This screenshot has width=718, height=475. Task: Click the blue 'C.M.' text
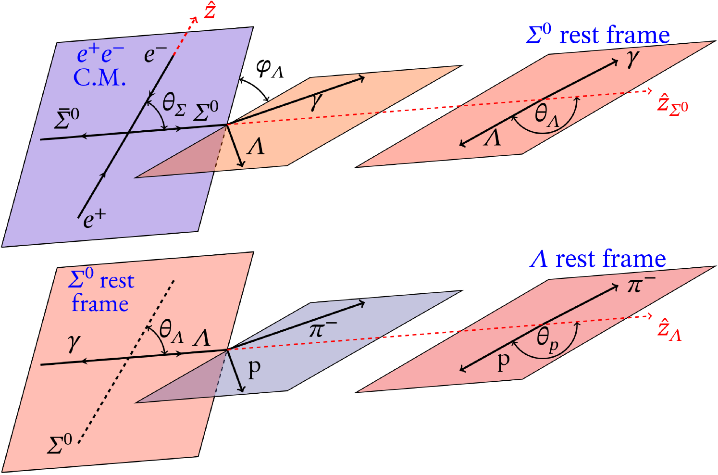point(99,77)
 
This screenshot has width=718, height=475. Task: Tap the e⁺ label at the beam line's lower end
point(94,219)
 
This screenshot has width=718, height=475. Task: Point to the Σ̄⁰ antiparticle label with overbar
point(66,119)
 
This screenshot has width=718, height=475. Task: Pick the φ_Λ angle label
point(270,69)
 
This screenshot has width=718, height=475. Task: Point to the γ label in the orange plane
point(316,101)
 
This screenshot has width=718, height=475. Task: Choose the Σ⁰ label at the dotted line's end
point(60,444)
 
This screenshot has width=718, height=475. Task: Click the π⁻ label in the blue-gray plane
point(322,329)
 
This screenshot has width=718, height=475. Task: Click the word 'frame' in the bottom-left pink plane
point(100,304)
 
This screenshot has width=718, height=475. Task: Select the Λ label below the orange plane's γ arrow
point(255,146)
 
